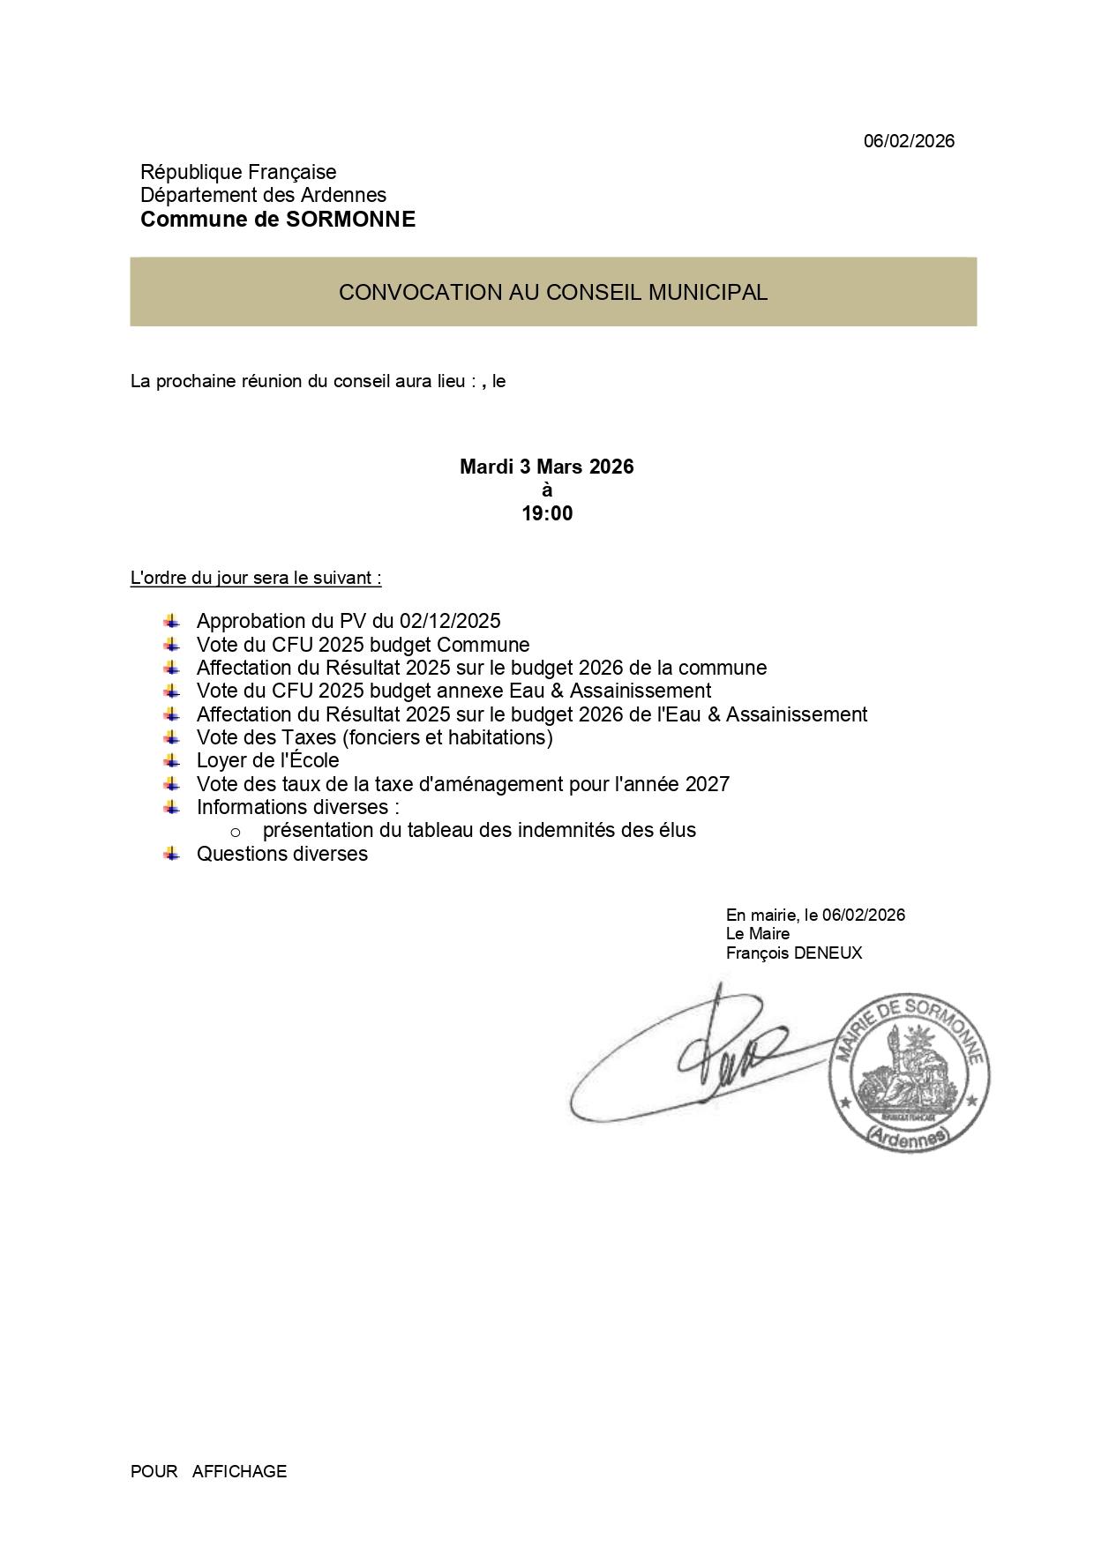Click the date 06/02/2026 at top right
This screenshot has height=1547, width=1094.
coord(909,141)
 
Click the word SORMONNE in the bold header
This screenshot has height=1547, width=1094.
coord(350,220)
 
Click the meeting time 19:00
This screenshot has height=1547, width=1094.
coord(547,513)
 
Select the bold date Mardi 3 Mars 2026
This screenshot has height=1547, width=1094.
coord(547,467)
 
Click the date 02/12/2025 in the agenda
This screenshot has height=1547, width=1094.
coord(450,621)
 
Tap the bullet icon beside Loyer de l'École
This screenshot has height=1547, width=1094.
coord(171,760)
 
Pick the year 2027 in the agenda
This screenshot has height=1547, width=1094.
coord(706,784)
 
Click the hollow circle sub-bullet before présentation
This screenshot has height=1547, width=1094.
coord(236,832)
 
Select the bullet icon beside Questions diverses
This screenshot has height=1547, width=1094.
coord(171,853)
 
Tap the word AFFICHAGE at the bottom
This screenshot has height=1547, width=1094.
coord(239,1471)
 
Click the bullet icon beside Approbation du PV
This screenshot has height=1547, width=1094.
coord(171,621)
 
